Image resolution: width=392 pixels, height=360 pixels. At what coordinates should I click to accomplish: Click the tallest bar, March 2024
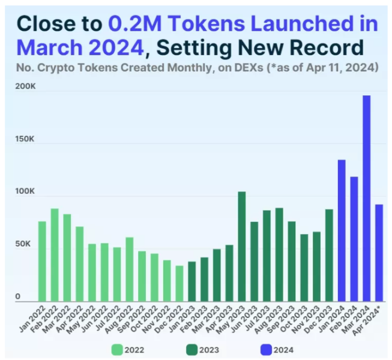(366, 198)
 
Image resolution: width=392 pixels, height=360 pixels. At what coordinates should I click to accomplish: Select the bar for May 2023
(241, 246)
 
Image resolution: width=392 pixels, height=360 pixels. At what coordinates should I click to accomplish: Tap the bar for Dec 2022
(179, 283)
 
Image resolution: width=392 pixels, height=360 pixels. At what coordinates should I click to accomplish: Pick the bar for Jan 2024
(341, 230)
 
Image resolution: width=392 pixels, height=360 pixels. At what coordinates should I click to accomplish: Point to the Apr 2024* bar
(379, 253)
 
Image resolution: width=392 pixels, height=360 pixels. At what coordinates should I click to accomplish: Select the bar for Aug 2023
(279, 254)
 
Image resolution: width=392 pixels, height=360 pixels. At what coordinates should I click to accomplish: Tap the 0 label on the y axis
(18, 296)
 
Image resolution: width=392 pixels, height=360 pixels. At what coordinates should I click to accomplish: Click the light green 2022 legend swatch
(116, 348)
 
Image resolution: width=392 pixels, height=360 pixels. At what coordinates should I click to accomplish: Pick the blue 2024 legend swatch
(266, 348)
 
